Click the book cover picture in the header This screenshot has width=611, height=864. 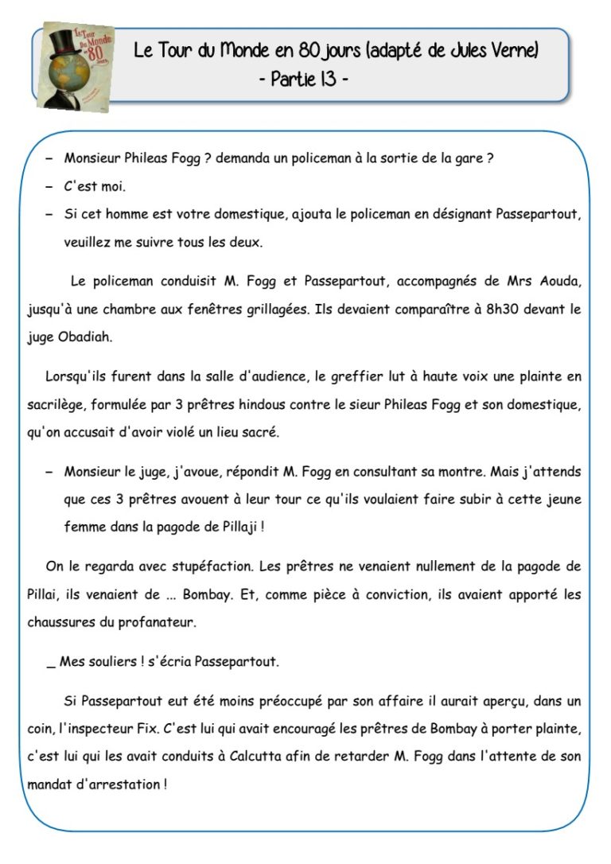[75, 66]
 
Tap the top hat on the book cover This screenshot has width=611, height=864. [63, 44]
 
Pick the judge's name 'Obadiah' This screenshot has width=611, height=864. [86, 337]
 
